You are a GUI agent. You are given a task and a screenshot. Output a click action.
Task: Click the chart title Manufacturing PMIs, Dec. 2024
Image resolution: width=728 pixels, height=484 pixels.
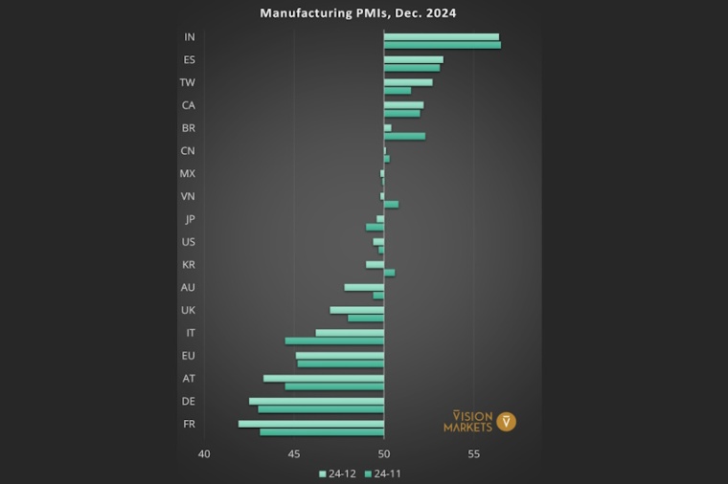[358, 13]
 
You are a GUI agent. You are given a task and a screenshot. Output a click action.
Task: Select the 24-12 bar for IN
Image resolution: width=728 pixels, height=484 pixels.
[442, 37]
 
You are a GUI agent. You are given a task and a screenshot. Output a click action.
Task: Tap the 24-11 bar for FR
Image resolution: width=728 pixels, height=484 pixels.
[322, 432]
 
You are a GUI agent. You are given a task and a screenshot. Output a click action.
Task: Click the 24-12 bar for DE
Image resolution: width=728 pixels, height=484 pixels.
[316, 401]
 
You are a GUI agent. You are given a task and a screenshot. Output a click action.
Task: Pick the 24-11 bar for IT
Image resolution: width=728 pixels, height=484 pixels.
[334, 341]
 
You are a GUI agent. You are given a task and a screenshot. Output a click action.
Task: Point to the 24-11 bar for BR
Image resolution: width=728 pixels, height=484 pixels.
[404, 136]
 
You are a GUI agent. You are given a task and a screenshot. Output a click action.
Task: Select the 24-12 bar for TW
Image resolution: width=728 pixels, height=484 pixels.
[408, 82]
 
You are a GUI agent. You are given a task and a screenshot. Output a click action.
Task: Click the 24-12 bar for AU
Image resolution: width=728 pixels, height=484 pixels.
[364, 287]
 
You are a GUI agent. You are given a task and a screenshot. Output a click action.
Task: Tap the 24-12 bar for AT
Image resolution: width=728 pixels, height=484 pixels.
[324, 378]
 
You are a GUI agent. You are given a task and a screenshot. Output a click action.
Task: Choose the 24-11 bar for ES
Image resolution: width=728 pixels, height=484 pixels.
[412, 68]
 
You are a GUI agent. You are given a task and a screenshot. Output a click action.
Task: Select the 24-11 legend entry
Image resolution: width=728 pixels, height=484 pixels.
[382, 473]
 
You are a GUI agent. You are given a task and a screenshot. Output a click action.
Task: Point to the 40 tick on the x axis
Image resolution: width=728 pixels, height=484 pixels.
[204, 453]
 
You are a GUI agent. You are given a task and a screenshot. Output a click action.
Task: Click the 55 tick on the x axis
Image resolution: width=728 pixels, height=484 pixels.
[474, 453]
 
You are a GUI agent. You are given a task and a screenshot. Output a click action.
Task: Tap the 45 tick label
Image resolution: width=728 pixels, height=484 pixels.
[294, 453]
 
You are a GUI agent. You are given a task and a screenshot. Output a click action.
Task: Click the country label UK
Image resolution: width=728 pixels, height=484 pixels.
[188, 310]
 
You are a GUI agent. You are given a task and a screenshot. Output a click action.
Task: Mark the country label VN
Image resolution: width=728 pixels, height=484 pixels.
[188, 196]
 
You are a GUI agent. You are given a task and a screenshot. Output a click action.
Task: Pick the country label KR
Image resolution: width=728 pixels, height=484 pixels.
[189, 264]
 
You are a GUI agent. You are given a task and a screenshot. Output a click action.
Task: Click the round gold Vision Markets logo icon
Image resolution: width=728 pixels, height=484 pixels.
[507, 421]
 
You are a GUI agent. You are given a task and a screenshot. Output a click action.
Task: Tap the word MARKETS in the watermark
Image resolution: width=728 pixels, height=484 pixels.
[467, 427]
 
